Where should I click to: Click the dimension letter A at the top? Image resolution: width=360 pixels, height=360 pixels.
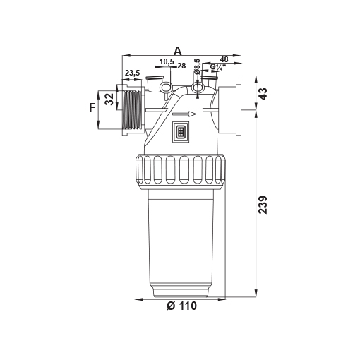click(178, 51)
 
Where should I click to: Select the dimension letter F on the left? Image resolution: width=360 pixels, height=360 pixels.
click(92, 107)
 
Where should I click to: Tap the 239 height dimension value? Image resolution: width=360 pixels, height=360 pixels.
click(263, 205)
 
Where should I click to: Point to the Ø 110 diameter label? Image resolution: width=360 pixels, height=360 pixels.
click(181, 306)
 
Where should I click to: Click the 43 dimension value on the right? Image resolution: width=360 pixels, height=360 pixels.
click(263, 94)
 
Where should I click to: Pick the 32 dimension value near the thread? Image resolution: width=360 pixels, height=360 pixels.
click(109, 100)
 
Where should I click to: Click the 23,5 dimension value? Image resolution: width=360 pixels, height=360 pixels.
click(132, 73)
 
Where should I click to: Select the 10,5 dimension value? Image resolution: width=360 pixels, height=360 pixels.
click(167, 61)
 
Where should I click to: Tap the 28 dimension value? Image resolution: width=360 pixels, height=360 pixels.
click(181, 66)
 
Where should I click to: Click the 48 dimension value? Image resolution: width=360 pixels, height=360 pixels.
click(224, 59)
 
